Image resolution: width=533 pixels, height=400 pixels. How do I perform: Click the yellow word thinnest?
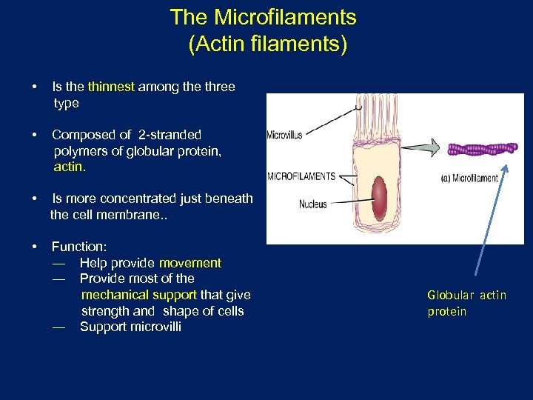tap(111, 87)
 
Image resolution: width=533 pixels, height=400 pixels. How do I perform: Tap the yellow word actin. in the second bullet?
tap(70, 167)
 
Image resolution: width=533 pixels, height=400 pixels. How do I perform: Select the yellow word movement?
tap(190, 263)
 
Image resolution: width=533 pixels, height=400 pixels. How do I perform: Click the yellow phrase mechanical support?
tap(139, 295)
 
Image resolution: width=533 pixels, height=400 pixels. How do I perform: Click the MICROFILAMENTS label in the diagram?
tap(301, 176)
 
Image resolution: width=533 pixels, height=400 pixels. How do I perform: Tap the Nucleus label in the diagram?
tap(312, 204)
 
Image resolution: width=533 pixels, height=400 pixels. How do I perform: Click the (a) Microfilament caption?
tap(469, 178)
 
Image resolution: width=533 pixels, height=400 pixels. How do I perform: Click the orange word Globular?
tap(449, 295)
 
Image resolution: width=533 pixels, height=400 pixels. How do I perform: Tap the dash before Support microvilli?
tap(58, 327)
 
